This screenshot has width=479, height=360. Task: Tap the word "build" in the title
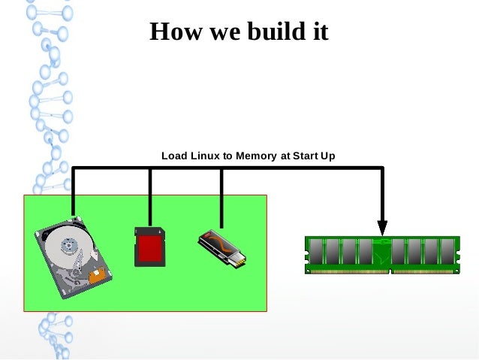(x=268, y=32)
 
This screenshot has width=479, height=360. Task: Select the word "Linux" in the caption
(x=204, y=156)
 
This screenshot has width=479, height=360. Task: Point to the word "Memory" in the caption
(x=257, y=156)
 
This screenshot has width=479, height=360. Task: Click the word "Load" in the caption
(x=173, y=156)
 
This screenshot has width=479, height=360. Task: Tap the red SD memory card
(x=149, y=246)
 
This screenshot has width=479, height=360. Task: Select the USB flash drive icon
(x=221, y=248)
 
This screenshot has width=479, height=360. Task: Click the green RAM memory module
(x=381, y=255)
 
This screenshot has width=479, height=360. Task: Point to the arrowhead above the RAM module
(x=382, y=227)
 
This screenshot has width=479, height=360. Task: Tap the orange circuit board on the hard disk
(x=96, y=276)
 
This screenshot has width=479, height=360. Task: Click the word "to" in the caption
(x=227, y=156)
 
